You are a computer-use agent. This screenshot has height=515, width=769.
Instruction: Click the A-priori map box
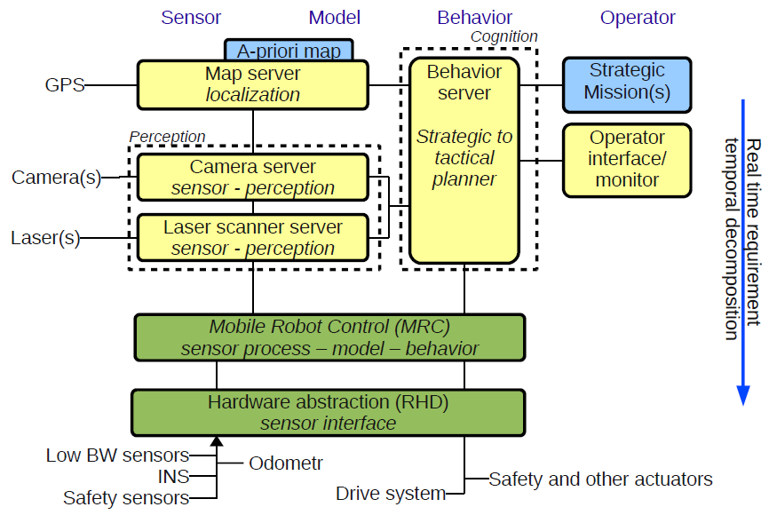click(289, 50)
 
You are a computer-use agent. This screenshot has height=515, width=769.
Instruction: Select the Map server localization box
click(252, 83)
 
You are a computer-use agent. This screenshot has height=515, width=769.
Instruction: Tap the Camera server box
click(252, 177)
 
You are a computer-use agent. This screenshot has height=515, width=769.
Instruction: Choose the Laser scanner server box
click(252, 237)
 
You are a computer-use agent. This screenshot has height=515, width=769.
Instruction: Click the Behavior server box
click(464, 160)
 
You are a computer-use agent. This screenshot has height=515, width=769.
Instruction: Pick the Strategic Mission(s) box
click(627, 83)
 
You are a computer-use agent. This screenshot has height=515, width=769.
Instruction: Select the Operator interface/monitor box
click(627, 159)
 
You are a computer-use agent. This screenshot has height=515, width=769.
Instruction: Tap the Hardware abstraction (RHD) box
click(328, 412)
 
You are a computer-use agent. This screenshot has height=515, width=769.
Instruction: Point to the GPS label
click(65, 85)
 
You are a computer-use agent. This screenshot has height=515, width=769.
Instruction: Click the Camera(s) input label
click(56, 178)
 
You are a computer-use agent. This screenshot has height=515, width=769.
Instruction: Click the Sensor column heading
click(191, 18)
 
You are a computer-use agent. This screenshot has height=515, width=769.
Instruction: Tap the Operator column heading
click(638, 18)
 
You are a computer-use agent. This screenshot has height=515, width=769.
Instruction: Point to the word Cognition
click(503, 36)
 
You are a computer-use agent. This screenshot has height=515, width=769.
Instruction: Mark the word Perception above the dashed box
click(167, 137)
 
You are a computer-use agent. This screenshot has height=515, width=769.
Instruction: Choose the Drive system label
click(391, 494)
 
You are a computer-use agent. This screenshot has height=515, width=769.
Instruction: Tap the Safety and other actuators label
click(600, 479)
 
